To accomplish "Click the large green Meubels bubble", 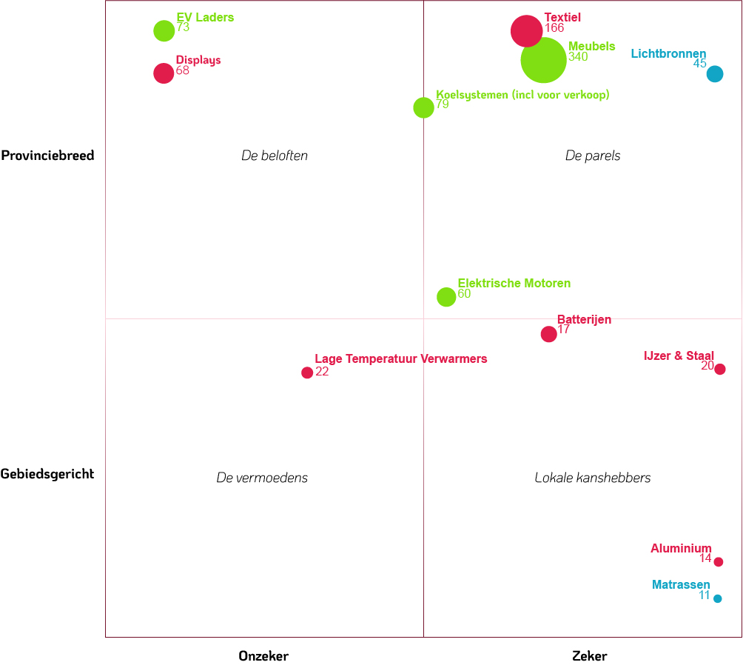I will (x=543, y=60).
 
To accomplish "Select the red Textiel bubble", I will (x=526, y=31).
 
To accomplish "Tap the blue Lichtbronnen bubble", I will (x=714, y=73).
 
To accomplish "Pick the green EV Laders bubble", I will (x=164, y=30).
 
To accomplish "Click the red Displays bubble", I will (x=164, y=73).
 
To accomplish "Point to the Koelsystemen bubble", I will (x=423, y=107).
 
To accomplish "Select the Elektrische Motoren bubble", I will (x=446, y=297).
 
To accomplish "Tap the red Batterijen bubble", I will (x=548, y=334).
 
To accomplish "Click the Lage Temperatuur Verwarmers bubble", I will (x=307, y=373).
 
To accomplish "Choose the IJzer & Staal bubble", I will (x=719, y=369).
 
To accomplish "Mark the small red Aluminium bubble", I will (x=718, y=561).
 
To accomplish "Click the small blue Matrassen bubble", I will (x=717, y=598).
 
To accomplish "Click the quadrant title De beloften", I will (x=275, y=156).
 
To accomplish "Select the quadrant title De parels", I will (x=593, y=156).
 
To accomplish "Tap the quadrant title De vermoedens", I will (x=262, y=478).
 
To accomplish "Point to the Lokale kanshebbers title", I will (x=593, y=478).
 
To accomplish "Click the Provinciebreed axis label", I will (x=47, y=156).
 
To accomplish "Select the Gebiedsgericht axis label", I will (x=47, y=474).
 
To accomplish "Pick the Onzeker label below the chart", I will (x=263, y=656).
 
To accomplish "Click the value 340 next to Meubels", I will (x=578, y=57).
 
